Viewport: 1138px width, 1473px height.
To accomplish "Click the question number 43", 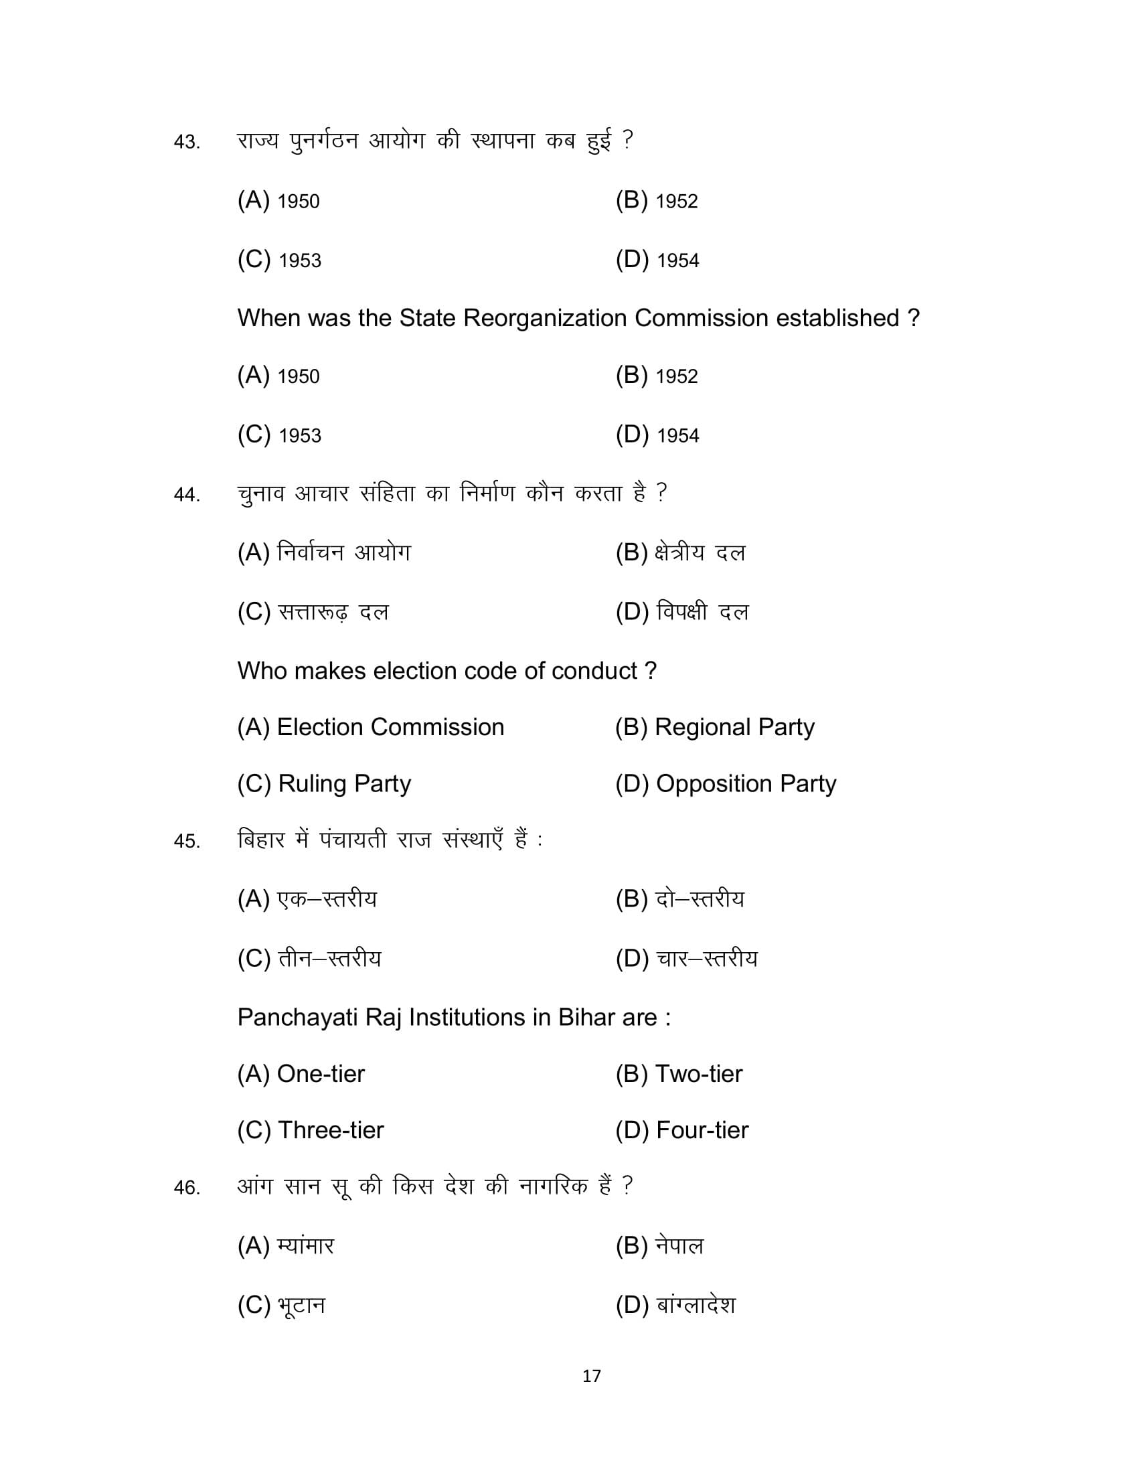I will coord(186,143).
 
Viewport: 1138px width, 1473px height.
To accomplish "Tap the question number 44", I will coord(186,495).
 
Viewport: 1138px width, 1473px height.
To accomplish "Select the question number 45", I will coord(186,841).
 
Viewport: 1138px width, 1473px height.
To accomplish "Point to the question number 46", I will coord(186,1188).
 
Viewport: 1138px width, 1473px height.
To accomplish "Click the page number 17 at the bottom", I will coord(591,1377).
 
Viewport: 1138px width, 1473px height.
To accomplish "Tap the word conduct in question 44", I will coord(594,671).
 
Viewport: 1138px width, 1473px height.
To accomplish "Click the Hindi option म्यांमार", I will coord(305,1247).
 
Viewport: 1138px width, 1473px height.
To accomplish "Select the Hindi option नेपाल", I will coord(679,1247).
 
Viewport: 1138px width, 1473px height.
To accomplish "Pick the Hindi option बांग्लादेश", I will coord(696,1306).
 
